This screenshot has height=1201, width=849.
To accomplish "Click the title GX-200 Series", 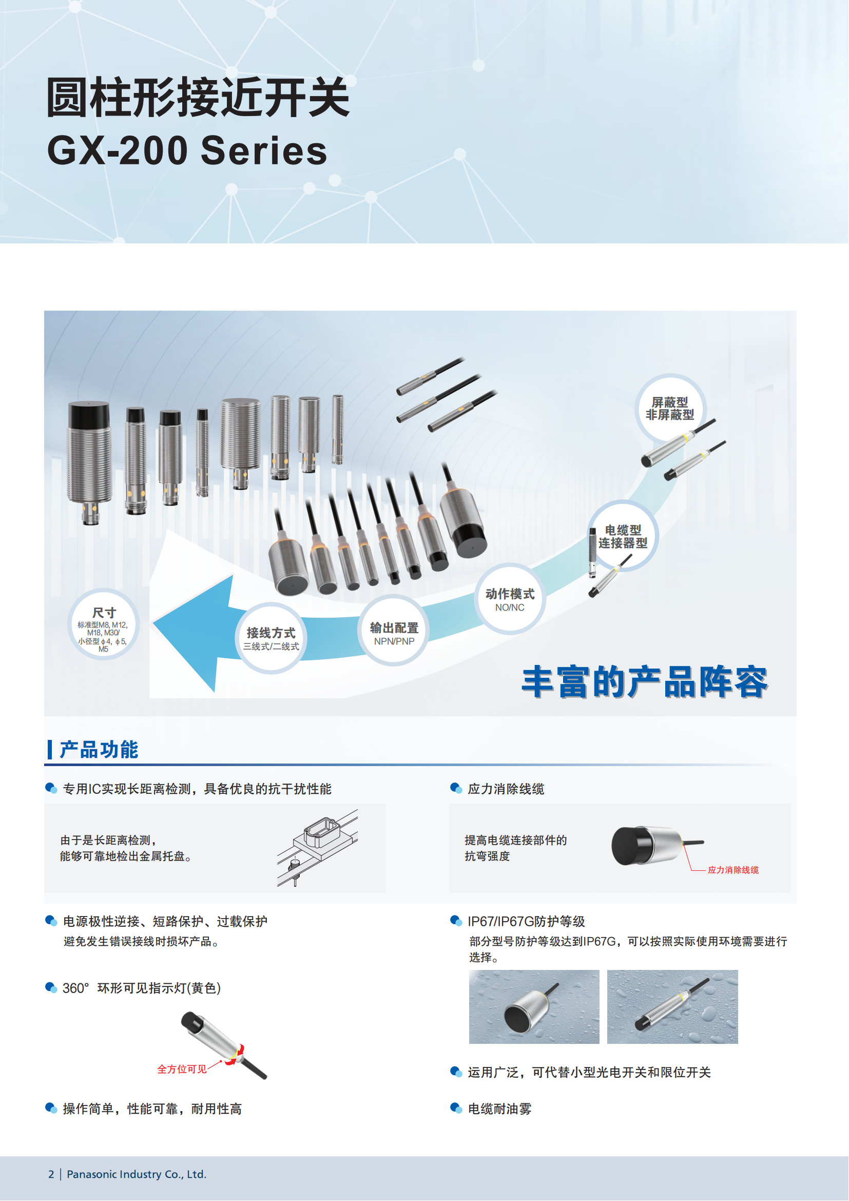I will tap(187, 150).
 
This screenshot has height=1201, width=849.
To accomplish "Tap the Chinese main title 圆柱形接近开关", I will tap(198, 97).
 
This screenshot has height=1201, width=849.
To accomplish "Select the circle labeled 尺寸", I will tap(104, 624).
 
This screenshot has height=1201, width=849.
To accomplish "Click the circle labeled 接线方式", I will tap(271, 639).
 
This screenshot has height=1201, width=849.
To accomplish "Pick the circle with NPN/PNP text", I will tap(394, 631).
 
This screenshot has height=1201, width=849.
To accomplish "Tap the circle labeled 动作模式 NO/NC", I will tap(510, 599).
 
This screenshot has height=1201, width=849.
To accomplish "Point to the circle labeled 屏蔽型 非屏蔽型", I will tap(670, 408).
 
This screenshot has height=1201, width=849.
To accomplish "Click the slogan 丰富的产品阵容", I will tap(645, 682).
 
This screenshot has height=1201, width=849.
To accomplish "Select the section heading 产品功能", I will tap(98, 750).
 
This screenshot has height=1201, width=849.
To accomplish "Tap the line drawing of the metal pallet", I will tap(317, 847).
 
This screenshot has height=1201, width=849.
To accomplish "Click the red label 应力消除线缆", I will tap(733, 870).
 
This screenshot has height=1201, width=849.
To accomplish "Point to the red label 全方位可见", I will tap(182, 1069).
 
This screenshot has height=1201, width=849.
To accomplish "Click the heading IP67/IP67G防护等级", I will tap(526, 921).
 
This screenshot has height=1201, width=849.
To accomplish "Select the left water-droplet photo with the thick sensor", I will tap(534, 1007).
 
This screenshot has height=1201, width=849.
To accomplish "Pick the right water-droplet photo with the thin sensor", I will tap(672, 1007).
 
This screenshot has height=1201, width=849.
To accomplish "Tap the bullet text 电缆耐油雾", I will tap(499, 1109).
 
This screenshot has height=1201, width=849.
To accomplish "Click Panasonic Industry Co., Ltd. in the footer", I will tap(137, 1174).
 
